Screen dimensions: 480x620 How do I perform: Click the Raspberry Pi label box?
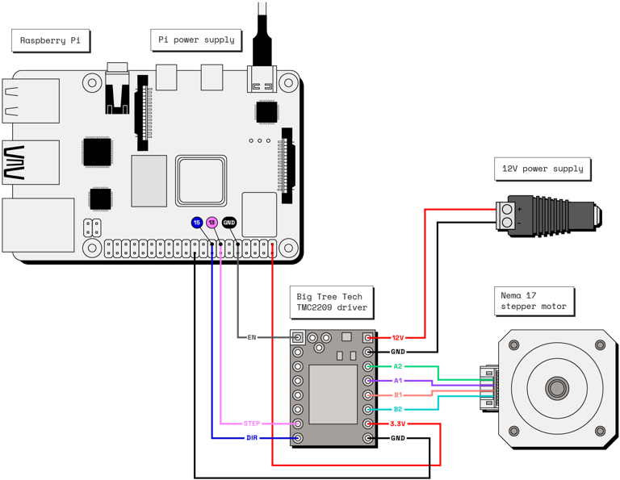tap(50, 40)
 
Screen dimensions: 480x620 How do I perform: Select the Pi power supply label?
tap(196, 40)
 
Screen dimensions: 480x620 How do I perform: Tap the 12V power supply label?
tap(542, 169)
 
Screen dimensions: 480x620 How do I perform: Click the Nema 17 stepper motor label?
tap(534, 300)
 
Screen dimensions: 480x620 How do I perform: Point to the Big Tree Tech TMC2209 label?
tap(331, 301)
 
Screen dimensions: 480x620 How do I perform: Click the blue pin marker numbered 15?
tap(196, 223)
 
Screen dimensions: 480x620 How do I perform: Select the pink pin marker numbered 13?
tap(212, 223)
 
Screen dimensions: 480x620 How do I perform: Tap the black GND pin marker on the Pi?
tap(229, 223)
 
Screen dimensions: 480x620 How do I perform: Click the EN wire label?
tap(252, 337)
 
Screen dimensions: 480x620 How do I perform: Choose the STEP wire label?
tap(252, 424)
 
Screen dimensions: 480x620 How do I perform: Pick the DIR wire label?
tap(252, 438)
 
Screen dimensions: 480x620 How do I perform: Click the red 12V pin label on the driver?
tap(398, 338)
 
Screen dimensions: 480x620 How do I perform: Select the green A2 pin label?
tap(398, 366)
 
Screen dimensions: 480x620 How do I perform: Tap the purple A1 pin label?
tap(398, 381)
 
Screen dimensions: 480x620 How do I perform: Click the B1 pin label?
tap(398, 395)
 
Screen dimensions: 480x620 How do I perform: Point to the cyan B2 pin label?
tap(398, 410)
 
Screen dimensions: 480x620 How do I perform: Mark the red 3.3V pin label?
tap(398, 424)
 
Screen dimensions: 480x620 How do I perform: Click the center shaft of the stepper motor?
tap(556, 387)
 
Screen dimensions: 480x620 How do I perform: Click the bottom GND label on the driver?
tap(398, 438)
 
